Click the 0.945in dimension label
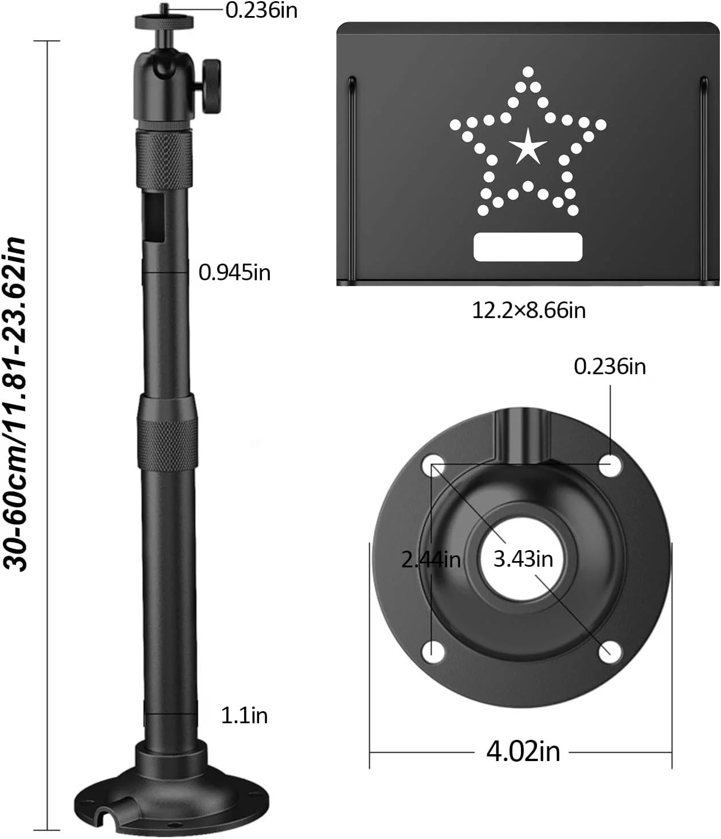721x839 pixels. [x=234, y=272]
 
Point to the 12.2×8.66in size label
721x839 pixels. [x=528, y=311]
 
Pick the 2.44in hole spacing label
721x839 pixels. [x=431, y=560]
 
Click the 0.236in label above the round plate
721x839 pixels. [x=610, y=367]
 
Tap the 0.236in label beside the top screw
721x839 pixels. [x=261, y=10]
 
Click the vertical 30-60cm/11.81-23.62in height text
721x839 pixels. [x=15, y=404]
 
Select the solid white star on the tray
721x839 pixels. [x=528, y=147]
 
